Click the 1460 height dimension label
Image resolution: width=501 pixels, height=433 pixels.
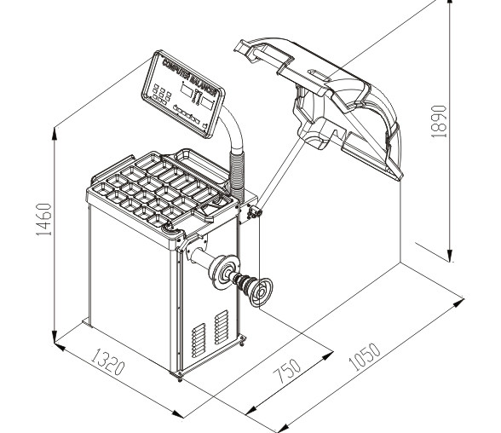[x=43, y=220]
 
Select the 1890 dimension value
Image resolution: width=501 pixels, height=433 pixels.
[x=438, y=121]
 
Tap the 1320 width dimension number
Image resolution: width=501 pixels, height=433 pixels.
[x=107, y=362]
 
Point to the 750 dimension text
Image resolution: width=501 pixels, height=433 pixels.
[x=287, y=371]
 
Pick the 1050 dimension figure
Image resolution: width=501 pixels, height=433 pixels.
[x=365, y=357]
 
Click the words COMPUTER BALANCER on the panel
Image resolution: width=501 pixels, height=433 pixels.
[x=188, y=77]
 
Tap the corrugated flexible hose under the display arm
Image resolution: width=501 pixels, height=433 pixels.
[x=237, y=176]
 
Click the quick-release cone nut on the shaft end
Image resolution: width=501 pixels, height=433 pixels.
[x=261, y=292]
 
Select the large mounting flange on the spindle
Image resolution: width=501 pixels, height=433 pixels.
[x=224, y=272]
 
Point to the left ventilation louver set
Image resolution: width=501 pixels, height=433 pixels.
[x=199, y=340]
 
